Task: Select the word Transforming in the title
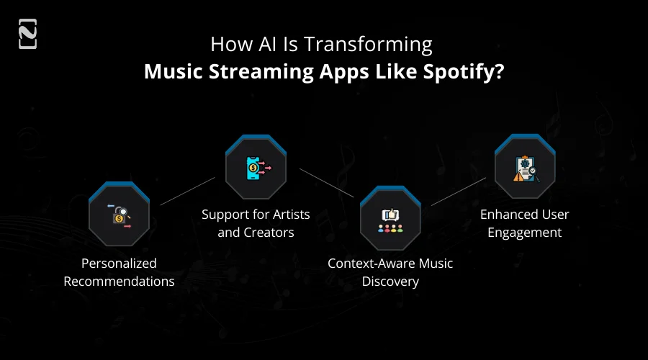(x=368, y=45)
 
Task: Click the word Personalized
(x=119, y=264)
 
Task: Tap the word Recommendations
(x=119, y=282)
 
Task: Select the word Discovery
(x=390, y=282)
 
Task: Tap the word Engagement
(x=525, y=233)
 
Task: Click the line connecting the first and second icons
(x=187, y=191)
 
